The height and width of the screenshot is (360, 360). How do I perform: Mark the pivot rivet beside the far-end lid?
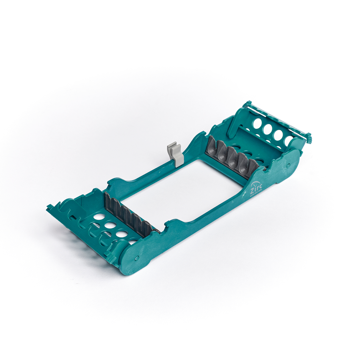point(288,165)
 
